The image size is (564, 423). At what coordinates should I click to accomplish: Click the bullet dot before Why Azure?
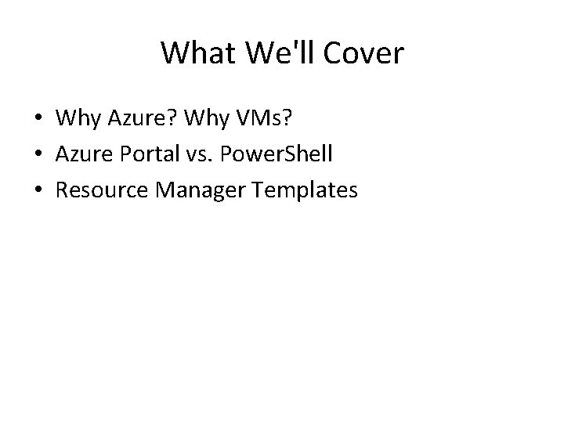tap(38, 118)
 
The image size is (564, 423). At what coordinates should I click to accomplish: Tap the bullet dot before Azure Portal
tap(38, 154)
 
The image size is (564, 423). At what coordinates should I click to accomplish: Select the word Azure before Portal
tap(80, 154)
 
